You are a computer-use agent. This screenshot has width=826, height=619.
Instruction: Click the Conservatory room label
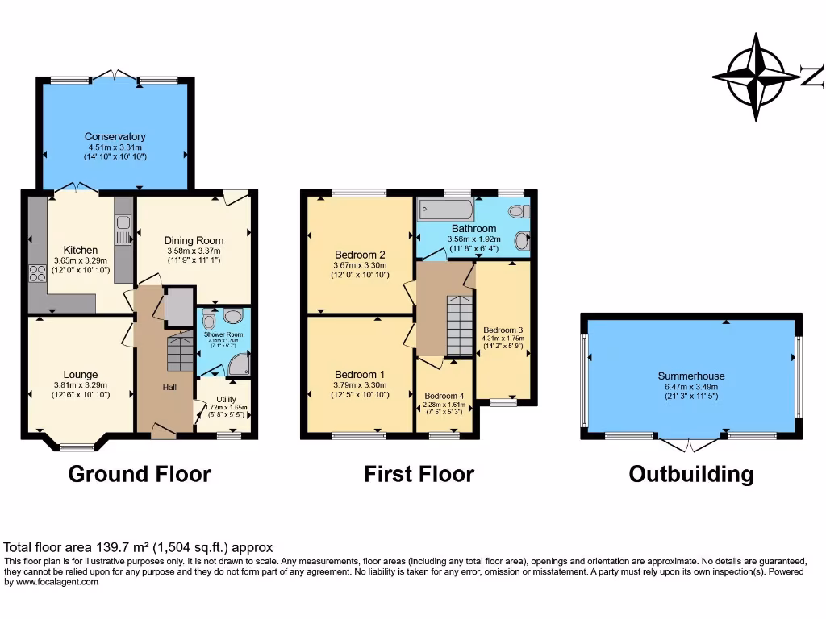115,137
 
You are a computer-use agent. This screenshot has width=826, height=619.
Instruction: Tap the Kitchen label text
81,251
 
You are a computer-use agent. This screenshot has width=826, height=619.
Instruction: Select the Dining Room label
194,240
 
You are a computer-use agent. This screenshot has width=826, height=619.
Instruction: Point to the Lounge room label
81,375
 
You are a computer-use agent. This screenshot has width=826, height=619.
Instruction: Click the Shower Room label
223,334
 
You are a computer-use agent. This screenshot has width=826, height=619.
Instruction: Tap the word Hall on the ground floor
169,388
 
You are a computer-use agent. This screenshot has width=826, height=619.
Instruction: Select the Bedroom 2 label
360,255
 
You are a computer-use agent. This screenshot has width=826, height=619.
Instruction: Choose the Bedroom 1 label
360,375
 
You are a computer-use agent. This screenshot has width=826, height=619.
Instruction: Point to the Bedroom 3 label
503,330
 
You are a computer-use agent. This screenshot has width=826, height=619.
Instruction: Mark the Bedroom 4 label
444,396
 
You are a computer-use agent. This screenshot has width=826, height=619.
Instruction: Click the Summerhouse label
690,376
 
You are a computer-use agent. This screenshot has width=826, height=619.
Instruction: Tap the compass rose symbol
756,77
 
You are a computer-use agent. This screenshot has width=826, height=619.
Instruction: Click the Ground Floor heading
140,474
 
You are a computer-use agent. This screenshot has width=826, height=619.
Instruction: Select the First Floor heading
419,474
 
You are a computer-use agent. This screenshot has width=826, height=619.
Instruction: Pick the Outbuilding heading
690,474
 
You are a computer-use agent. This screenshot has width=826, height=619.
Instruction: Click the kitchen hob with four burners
38,273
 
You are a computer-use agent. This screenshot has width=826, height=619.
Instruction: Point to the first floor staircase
459,326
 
